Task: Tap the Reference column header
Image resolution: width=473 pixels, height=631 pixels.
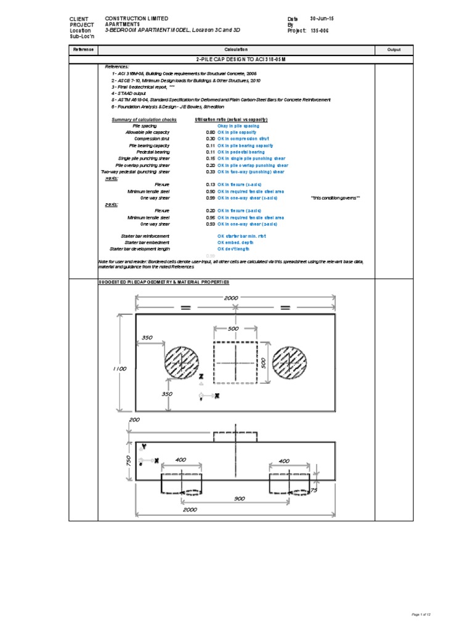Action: (x=84, y=49)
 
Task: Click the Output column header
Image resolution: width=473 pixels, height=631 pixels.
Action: (x=394, y=49)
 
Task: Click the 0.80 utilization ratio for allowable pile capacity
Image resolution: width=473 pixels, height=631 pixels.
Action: (x=211, y=132)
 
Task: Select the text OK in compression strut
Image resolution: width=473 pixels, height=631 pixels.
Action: (x=242, y=139)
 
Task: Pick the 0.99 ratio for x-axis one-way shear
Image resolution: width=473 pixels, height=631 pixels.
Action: (x=211, y=198)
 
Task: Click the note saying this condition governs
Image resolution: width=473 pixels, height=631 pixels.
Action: (x=336, y=198)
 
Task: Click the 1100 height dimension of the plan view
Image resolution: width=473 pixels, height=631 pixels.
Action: (x=119, y=368)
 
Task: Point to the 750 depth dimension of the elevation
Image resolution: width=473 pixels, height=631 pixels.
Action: (x=127, y=460)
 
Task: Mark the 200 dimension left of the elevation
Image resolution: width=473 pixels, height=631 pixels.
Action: (x=135, y=419)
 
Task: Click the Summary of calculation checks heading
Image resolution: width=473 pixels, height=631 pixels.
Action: (x=144, y=119)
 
